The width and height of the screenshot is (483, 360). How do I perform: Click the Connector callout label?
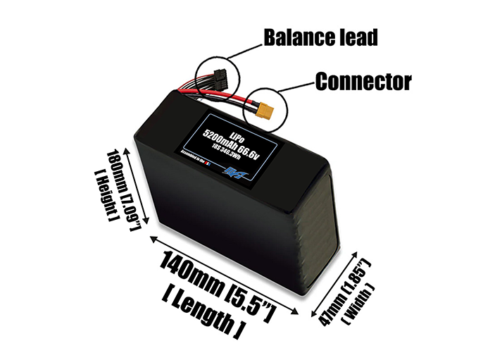[363, 82]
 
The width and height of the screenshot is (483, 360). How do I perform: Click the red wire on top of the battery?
[232, 99]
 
